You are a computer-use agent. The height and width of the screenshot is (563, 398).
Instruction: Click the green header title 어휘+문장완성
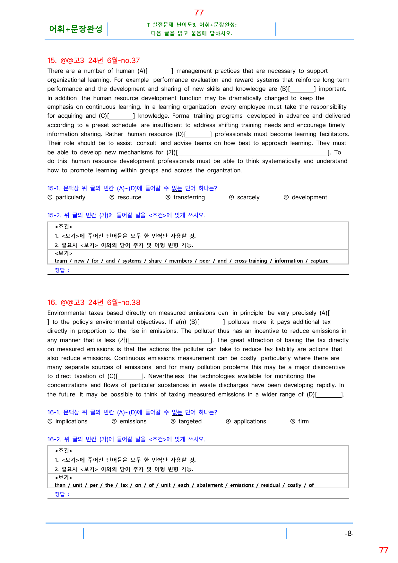pyautogui.click(x=76, y=29)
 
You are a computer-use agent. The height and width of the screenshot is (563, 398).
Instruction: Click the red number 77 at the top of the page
pyautogui.click(x=199, y=13)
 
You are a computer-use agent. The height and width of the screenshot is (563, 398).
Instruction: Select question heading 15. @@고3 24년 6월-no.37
pyautogui.click(x=93, y=60)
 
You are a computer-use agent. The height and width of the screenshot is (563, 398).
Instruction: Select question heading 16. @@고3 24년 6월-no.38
pyautogui.click(x=94, y=302)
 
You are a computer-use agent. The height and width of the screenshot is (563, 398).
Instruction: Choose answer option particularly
pyautogui.click(x=70, y=197)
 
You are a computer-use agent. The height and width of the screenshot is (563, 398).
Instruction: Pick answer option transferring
pyautogui.click(x=189, y=197)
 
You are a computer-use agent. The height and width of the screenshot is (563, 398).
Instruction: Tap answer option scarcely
pyautogui.click(x=248, y=197)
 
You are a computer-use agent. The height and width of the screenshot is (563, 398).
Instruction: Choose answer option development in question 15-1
pyautogui.click(x=309, y=197)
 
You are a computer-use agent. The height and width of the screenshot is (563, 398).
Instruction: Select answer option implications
pyautogui.click(x=71, y=421)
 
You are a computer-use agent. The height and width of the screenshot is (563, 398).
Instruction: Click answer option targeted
pyautogui.click(x=190, y=421)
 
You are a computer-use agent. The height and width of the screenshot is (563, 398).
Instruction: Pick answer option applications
pyautogui.click(x=250, y=421)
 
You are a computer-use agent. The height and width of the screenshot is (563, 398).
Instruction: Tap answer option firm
pyautogui.click(x=303, y=421)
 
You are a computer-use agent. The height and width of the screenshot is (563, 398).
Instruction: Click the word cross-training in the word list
pyautogui.click(x=250, y=261)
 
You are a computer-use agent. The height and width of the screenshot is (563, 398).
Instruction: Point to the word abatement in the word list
pyautogui.click(x=210, y=485)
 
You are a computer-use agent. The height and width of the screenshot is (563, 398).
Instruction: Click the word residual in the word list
pyautogui.click(x=270, y=485)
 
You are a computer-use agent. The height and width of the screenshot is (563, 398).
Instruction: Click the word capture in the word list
pyautogui.click(x=319, y=261)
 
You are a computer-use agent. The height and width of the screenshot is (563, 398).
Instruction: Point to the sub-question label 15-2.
pyautogui.click(x=54, y=215)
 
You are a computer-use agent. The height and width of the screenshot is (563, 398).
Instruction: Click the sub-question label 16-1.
pyautogui.click(x=54, y=412)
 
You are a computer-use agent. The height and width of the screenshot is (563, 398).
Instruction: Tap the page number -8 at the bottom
pyautogui.click(x=348, y=533)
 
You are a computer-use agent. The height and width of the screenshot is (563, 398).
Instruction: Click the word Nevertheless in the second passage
pyautogui.click(x=166, y=376)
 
